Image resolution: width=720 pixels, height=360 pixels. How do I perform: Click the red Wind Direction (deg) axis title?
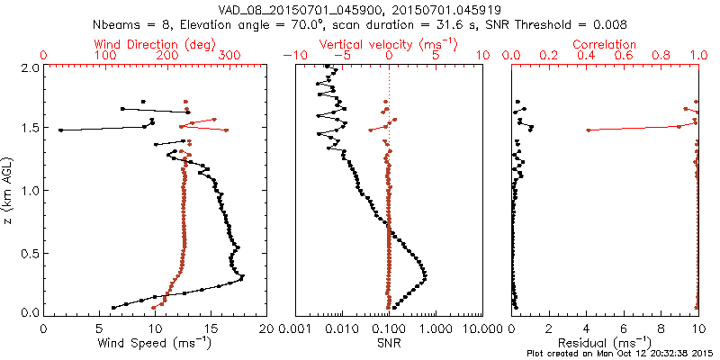154,44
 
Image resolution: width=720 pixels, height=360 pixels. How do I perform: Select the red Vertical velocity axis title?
389,44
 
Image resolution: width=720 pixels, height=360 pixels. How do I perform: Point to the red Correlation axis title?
605,44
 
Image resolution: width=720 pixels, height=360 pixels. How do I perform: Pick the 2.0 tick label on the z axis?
29,67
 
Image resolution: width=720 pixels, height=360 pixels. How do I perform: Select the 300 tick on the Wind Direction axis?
229,56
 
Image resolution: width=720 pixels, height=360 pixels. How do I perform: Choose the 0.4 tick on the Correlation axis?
587,56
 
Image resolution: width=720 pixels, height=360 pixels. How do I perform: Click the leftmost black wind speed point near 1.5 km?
60,130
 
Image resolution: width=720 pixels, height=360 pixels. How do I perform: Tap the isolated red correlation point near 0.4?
588,130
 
